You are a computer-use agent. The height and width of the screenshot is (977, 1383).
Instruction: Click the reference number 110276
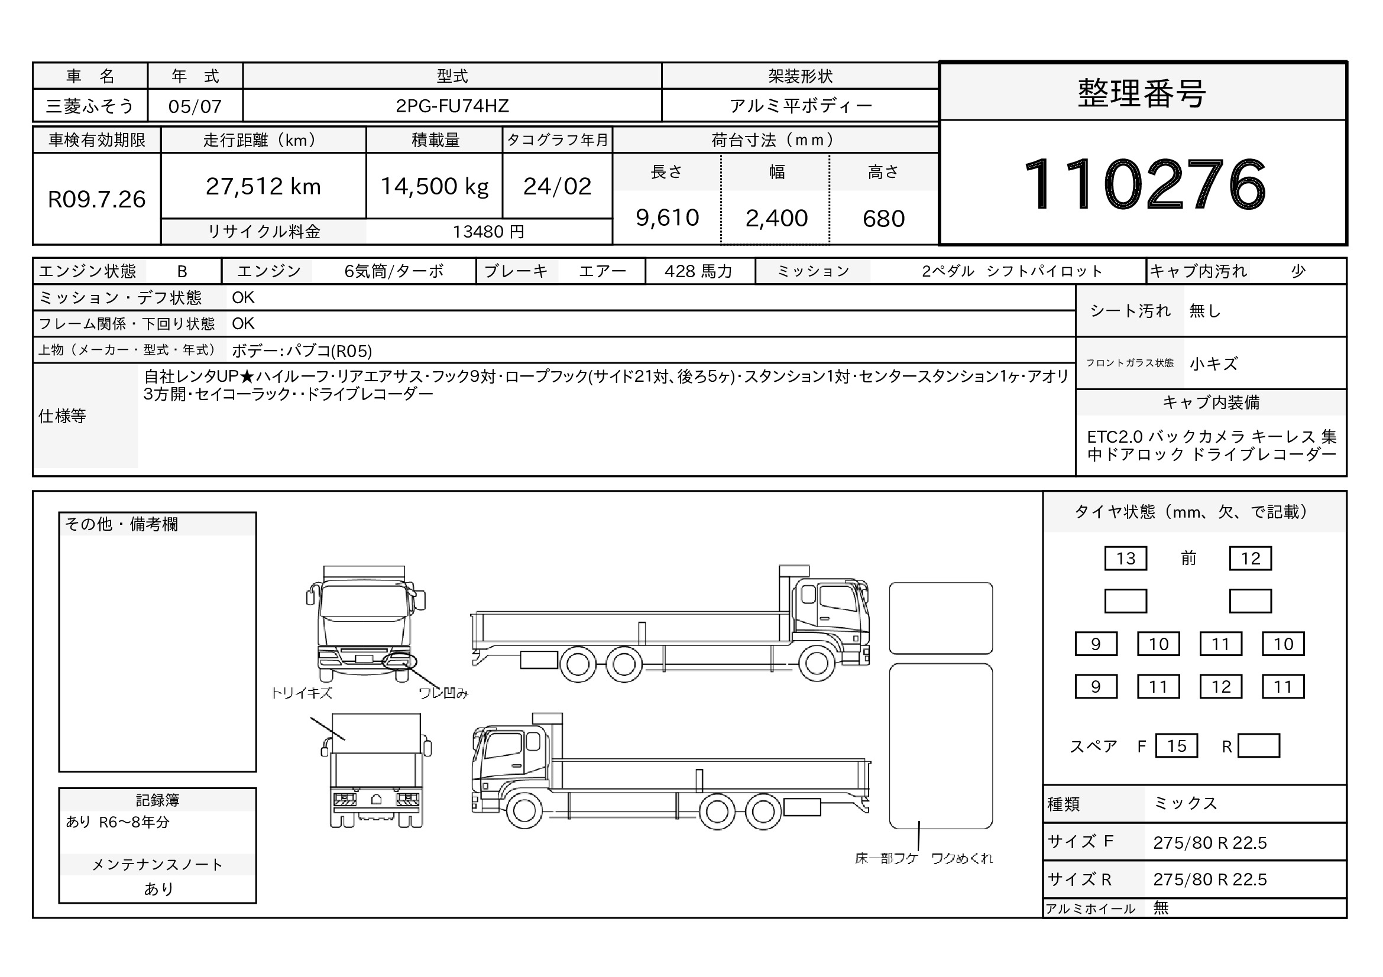coord(1145,184)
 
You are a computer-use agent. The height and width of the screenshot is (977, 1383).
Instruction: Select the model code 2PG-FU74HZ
coord(452,106)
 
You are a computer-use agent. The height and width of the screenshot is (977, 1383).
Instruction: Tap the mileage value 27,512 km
coord(263,187)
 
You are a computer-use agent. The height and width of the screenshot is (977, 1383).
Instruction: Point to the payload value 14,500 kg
coord(435,187)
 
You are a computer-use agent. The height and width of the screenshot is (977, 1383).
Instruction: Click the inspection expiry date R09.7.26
coord(96,199)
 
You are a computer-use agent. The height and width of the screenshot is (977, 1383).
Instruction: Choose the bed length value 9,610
coord(668,218)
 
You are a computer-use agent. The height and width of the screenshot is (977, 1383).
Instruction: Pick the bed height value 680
coord(883,219)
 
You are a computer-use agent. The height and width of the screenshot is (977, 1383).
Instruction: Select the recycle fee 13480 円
coord(488,232)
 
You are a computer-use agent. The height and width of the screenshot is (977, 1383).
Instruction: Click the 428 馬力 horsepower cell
coord(699,271)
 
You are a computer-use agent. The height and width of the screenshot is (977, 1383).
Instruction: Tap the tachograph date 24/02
coord(557,187)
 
